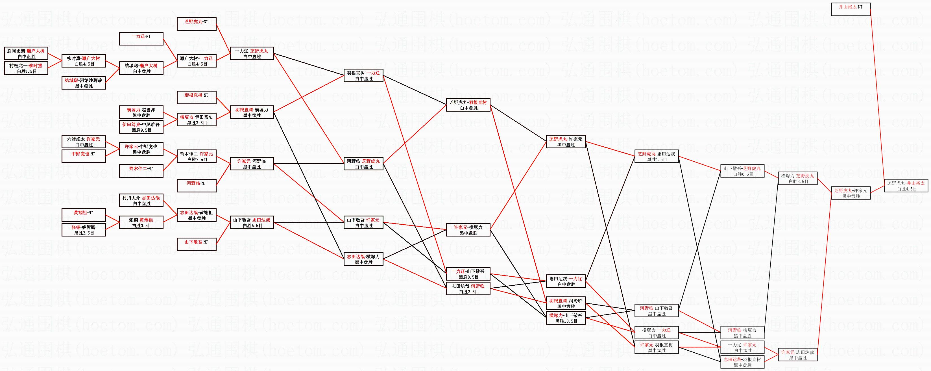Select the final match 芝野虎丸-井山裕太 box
pos(906,186)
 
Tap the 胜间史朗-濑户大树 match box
pos(26,53)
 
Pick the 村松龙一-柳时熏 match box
pos(26,68)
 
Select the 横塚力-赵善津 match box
pos(141,112)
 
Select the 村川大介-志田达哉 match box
pos(141,201)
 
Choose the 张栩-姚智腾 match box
pos(84,230)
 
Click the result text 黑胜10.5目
pos(566,321)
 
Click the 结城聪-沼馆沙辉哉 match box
pos(84,83)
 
